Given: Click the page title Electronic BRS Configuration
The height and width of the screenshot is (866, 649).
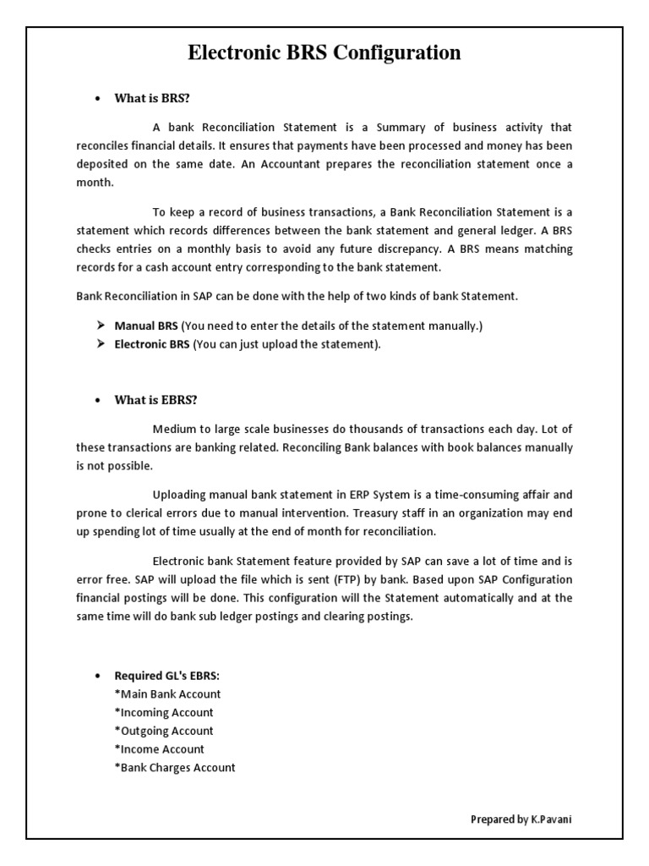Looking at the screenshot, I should (324, 53).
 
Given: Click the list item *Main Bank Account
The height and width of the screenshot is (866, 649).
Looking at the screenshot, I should (167, 694).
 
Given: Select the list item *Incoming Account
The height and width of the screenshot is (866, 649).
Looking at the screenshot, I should (164, 713).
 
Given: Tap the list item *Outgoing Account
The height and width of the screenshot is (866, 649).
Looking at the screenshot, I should (164, 731).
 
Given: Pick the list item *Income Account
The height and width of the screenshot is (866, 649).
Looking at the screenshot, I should (160, 749).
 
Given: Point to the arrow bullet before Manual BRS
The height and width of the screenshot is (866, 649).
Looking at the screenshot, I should (99, 326).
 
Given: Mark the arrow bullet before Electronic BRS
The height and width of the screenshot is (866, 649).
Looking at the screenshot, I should (99, 344).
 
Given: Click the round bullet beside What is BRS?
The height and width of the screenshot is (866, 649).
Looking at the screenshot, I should (98, 99).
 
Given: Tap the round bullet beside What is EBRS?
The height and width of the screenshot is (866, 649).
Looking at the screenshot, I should (98, 401).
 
